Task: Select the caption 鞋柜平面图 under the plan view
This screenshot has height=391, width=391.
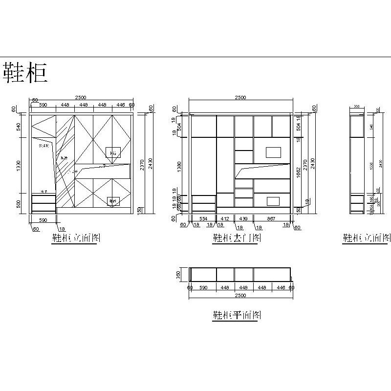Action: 237,315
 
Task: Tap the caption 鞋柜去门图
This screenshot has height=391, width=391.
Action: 237,238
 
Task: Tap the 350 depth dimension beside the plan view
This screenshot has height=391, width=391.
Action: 179,274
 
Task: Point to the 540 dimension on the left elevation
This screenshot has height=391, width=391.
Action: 19,127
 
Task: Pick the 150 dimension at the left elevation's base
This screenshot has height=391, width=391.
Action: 140,210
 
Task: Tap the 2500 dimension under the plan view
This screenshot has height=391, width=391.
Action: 240,295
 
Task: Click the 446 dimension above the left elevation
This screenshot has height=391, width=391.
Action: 121,105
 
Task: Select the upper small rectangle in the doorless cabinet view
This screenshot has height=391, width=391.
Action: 273,152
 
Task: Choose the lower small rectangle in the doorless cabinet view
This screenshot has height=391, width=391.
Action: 273,200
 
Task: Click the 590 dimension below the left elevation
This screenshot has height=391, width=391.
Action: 43,220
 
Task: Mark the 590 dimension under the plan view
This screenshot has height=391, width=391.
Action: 203,288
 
